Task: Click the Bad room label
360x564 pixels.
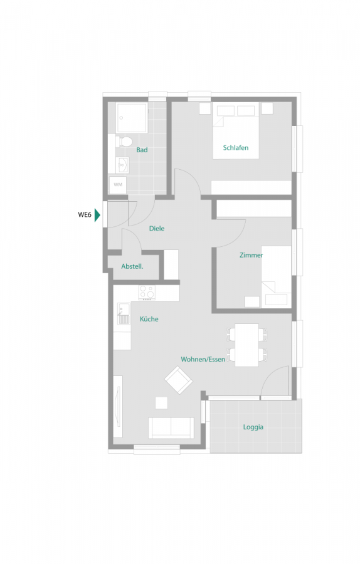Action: click(142, 150)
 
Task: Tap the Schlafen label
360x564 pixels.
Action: click(236, 148)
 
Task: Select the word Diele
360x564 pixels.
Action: click(157, 229)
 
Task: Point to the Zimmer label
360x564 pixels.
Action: click(251, 255)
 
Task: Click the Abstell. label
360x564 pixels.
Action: click(132, 266)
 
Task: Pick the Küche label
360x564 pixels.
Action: click(149, 319)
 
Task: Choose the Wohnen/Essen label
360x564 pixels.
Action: click(203, 359)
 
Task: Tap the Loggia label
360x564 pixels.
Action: click(253, 427)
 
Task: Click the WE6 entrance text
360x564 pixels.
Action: click(85, 215)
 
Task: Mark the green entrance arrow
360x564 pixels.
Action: click(97, 215)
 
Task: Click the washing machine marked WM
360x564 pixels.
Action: click(118, 185)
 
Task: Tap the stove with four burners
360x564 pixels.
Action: click(147, 292)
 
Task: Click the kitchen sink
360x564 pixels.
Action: click(122, 312)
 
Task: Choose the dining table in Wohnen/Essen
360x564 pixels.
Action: click(247, 345)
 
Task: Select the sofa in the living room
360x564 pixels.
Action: click(171, 427)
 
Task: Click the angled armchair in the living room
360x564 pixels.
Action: click(179, 380)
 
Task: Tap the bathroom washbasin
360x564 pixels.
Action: click(122, 165)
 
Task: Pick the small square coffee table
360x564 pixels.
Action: click(162, 403)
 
